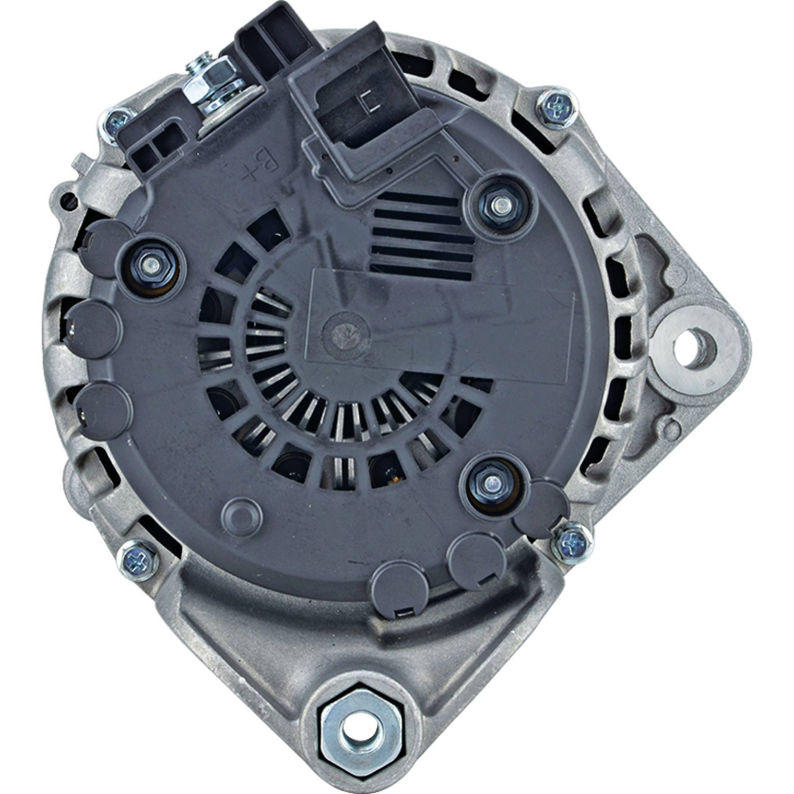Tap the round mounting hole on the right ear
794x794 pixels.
pos(695,348)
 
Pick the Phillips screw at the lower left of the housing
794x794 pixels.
pos(138,560)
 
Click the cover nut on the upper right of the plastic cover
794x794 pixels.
pos(500,205)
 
